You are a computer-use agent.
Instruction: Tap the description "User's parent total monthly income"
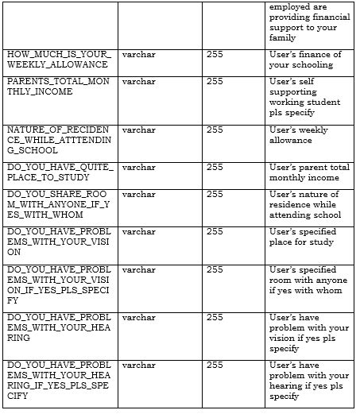tap(309, 172)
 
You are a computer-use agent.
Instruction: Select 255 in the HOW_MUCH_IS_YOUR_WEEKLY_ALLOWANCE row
tap(215, 54)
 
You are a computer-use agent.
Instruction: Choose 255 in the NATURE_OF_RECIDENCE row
tap(215, 130)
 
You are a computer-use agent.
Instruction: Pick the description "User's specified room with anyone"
tap(308, 280)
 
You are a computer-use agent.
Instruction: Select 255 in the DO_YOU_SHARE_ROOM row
tap(215, 194)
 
